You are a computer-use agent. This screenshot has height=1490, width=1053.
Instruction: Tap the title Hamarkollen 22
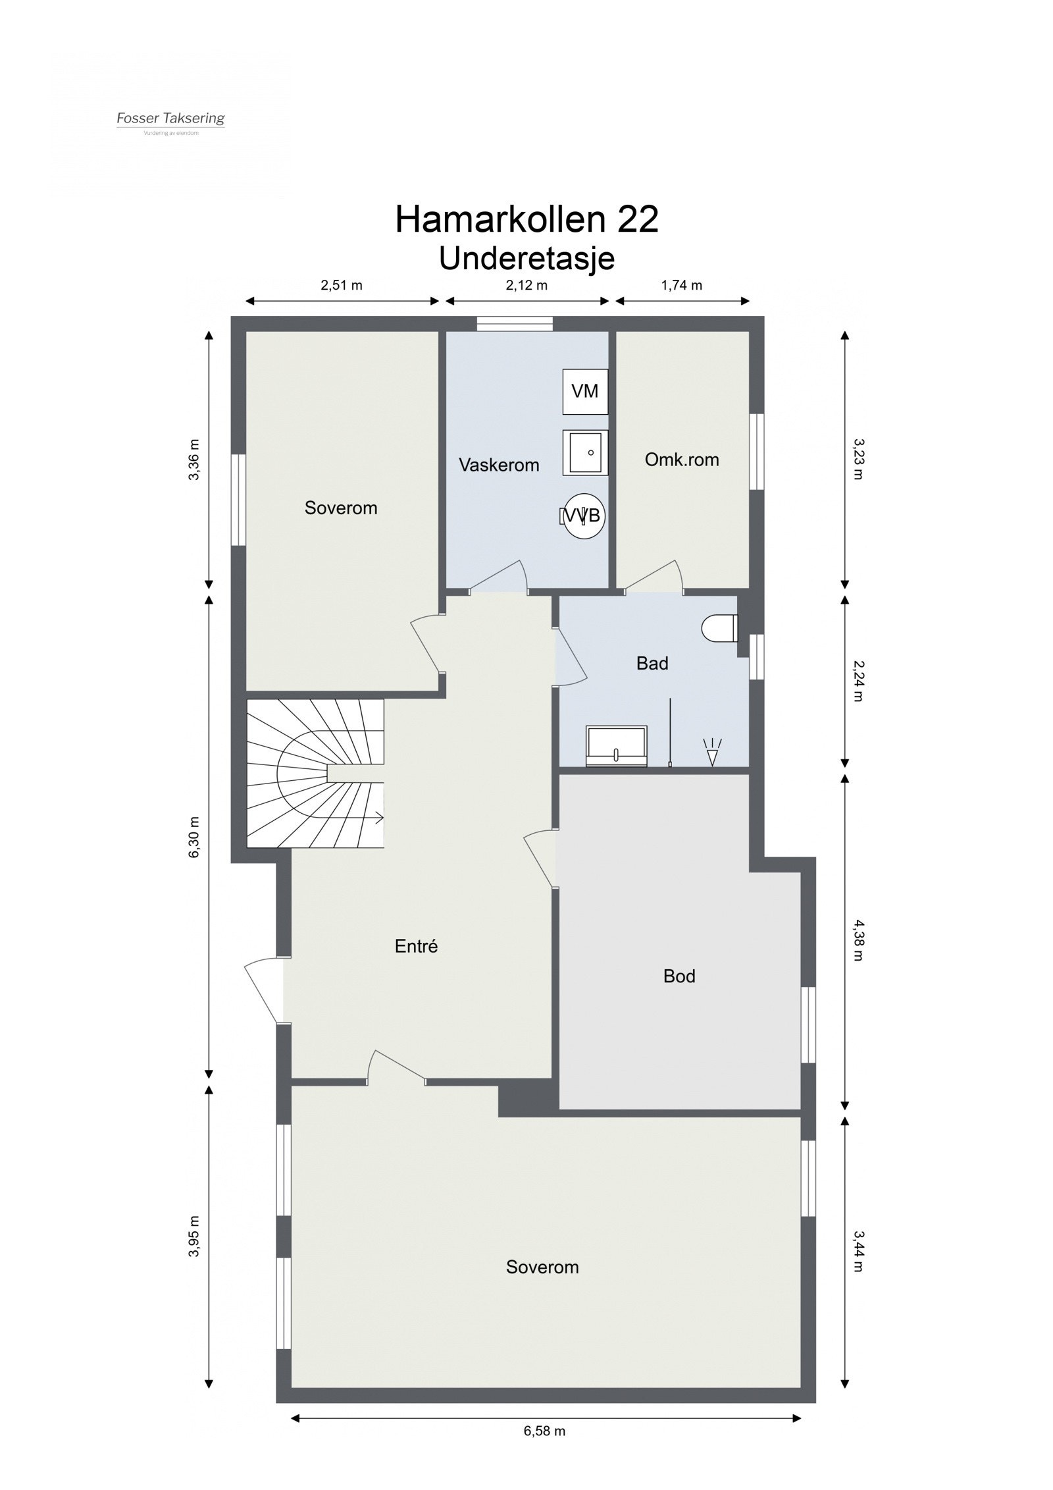(x=526, y=219)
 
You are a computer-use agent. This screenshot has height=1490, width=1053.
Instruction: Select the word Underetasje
(x=526, y=258)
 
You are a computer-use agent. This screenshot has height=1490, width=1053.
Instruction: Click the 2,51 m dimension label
(x=341, y=285)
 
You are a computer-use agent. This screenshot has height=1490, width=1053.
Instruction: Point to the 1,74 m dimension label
(x=681, y=285)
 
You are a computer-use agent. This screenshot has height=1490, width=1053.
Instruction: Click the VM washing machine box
(x=584, y=391)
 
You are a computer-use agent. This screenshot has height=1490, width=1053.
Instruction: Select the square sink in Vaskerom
(x=584, y=452)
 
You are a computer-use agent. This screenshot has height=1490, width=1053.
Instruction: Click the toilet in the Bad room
(x=720, y=627)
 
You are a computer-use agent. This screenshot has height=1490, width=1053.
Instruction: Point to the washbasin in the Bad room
(x=616, y=747)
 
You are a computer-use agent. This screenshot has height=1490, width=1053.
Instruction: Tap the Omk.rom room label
(x=681, y=460)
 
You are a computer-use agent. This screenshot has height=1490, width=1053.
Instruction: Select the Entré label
(x=416, y=946)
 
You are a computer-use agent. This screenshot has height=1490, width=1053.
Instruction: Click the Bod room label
(x=679, y=976)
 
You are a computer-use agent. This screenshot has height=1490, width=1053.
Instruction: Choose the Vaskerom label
(x=498, y=465)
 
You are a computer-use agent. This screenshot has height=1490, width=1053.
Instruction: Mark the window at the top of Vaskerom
(x=514, y=323)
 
